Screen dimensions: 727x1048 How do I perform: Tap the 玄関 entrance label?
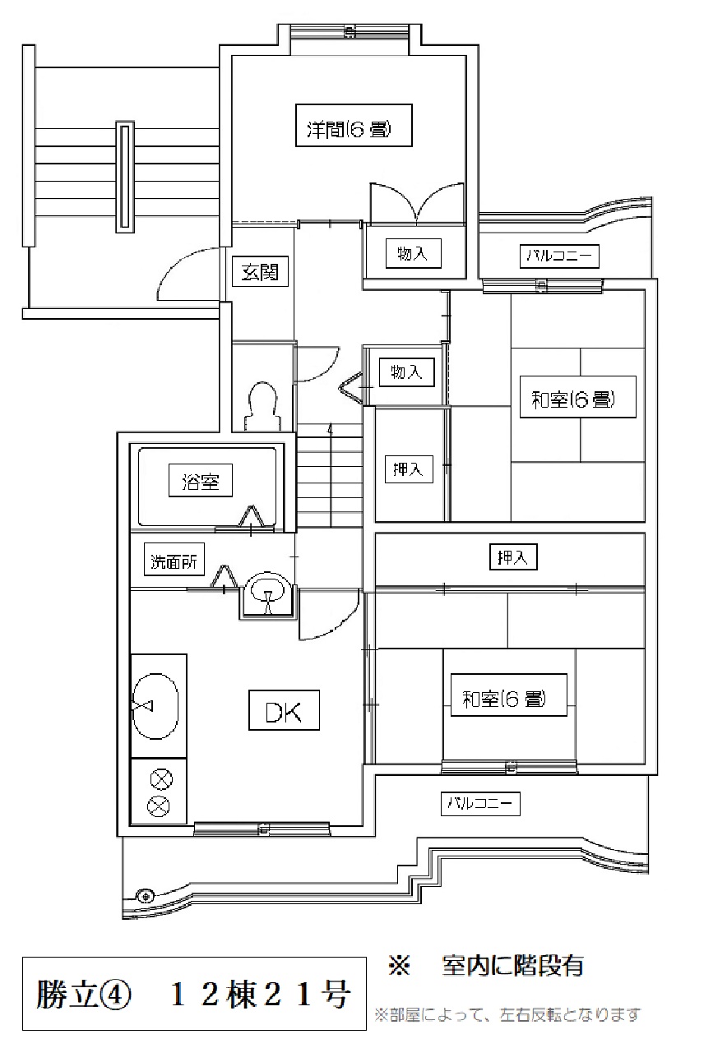coord(260,271)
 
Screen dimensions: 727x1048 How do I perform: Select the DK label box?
coord(284,709)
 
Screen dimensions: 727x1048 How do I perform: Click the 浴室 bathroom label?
coord(201,481)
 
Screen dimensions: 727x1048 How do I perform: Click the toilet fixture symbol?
coord(262,406)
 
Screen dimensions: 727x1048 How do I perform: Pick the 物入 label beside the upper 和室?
coord(407,372)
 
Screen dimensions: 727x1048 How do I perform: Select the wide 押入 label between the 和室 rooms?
coord(513,556)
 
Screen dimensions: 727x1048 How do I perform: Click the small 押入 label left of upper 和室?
coord(409,469)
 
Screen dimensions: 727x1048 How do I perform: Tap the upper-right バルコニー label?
coord(559,256)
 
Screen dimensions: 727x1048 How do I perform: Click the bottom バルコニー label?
coord(480,803)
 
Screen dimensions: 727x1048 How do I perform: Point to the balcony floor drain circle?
coord(145,896)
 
